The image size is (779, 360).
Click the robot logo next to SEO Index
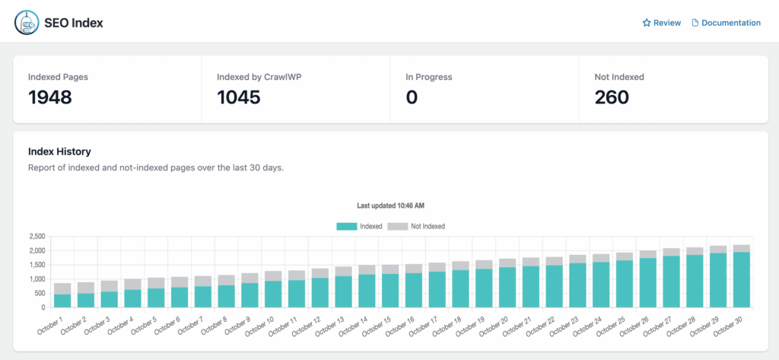pos(27,23)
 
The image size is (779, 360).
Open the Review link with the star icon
pos(661,23)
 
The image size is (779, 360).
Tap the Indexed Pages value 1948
pos(50,97)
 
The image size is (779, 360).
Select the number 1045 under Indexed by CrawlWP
pos(238,97)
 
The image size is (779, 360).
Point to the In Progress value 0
pos(412,97)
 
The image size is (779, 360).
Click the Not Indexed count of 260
pos(612,97)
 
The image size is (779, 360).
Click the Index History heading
pos(59,151)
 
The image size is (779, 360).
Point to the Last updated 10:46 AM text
pos(390,206)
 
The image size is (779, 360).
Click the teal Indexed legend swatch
pos(346,226)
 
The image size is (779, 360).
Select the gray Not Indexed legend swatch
pos(398,226)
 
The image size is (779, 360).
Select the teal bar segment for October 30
pos(741,280)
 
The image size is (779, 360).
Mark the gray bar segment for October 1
pos(62,288)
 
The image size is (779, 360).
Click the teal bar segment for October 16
pos(413,290)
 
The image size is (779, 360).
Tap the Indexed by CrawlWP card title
pos(253,77)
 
